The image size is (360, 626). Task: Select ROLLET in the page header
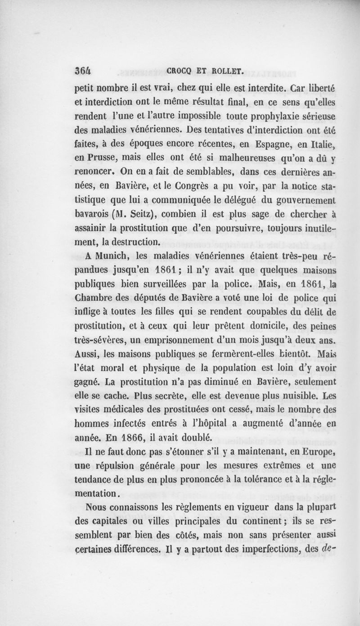(228, 70)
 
